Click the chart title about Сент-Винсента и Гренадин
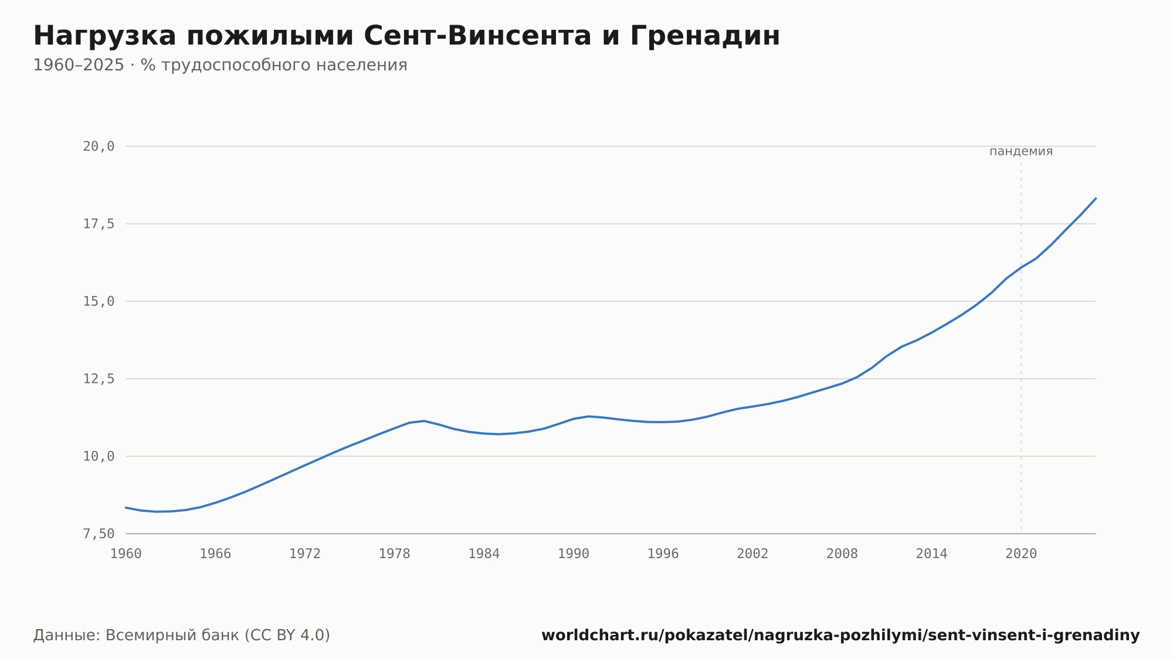coord(406,36)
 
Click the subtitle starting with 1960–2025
coord(220,65)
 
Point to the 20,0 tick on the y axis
coord(99,147)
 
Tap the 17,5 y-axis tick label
coord(99,224)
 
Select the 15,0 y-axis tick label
coord(99,301)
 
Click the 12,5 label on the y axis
coord(99,379)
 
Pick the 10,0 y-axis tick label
coord(99,456)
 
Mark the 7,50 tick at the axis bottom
coord(99,534)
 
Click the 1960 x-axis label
coord(126,554)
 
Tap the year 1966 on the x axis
coord(215,554)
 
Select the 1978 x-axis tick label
coord(394,554)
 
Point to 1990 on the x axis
coord(574,554)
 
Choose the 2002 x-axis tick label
coord(752,554)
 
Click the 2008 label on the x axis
coord(842,554)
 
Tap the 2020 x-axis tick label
coord(1021,554)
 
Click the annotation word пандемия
coord(1021,151)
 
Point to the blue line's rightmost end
coord(1096,198)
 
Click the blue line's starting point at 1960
coord(126,507)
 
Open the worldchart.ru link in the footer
coord(840,636)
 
